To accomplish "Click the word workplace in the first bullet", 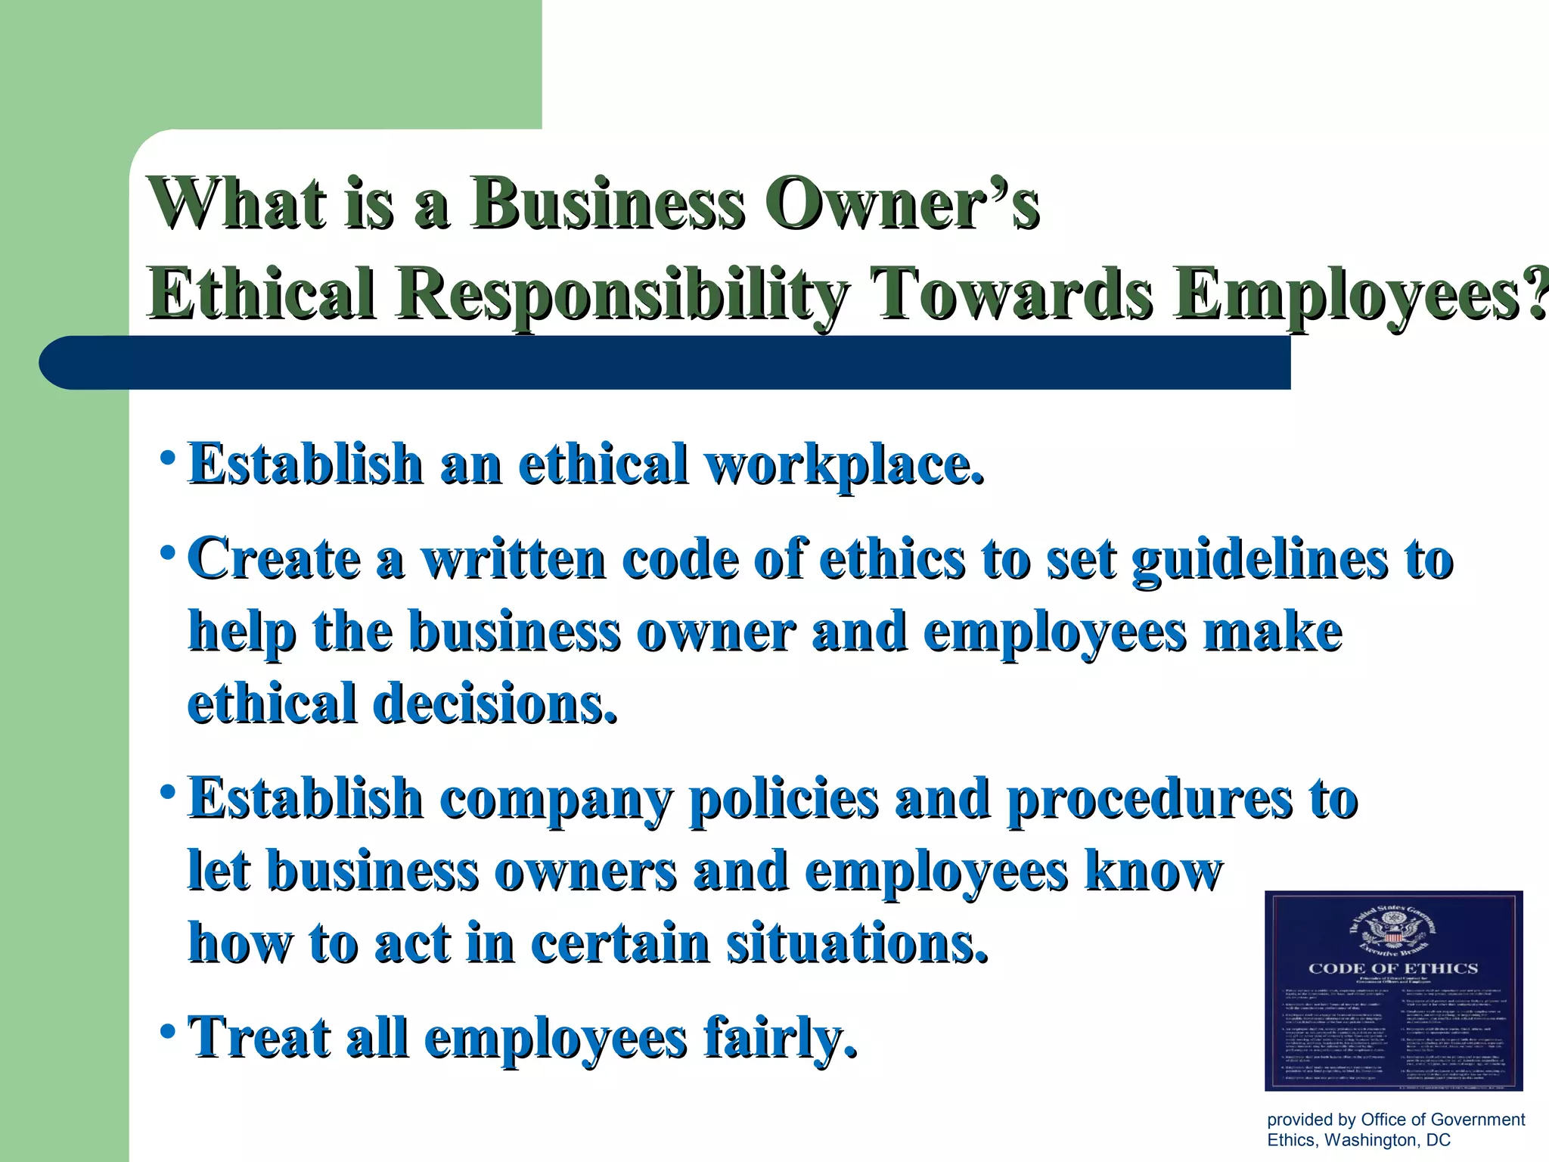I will point(845,464).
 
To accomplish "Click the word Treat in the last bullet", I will point(259,1037).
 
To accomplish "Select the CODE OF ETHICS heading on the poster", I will point(1393,968).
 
